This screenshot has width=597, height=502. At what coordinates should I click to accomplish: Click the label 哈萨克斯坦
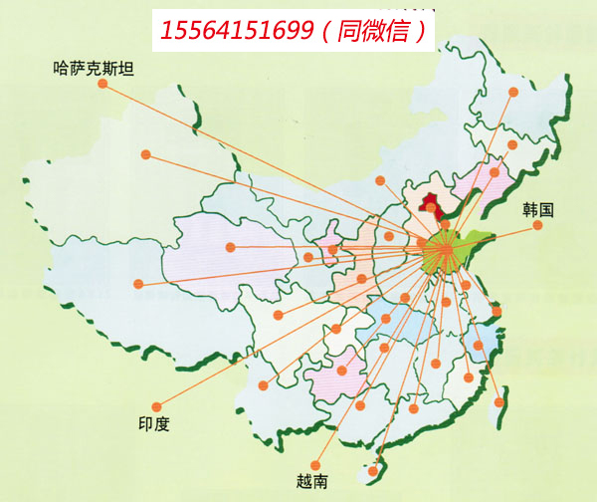pyautogui.click(x=95, y=69)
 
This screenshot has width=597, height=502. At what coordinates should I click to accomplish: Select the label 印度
pyautogui.click(x=153, y=424)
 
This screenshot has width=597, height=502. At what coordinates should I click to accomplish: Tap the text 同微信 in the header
pyautogui.click(x=382, y=33)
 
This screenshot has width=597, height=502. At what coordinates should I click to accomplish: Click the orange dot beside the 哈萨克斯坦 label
pyautogui.click(x=102, y=85)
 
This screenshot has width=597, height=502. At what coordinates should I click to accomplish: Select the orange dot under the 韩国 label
pyautogui.click(x=537, y=225)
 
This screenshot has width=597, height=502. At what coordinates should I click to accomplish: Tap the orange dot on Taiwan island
pyautogui.click(x=499, y=402)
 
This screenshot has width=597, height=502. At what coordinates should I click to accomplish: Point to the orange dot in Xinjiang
pyautogui.click(x=146, y=154)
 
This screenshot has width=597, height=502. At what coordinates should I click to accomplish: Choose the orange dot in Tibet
pyautogui.click(x=139, y=284)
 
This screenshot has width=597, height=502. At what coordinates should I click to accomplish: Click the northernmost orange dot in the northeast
pyautogui.click(x=513, y=93)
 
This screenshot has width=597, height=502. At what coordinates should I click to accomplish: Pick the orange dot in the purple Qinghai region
pyautogui.click(x=231, y=247)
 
